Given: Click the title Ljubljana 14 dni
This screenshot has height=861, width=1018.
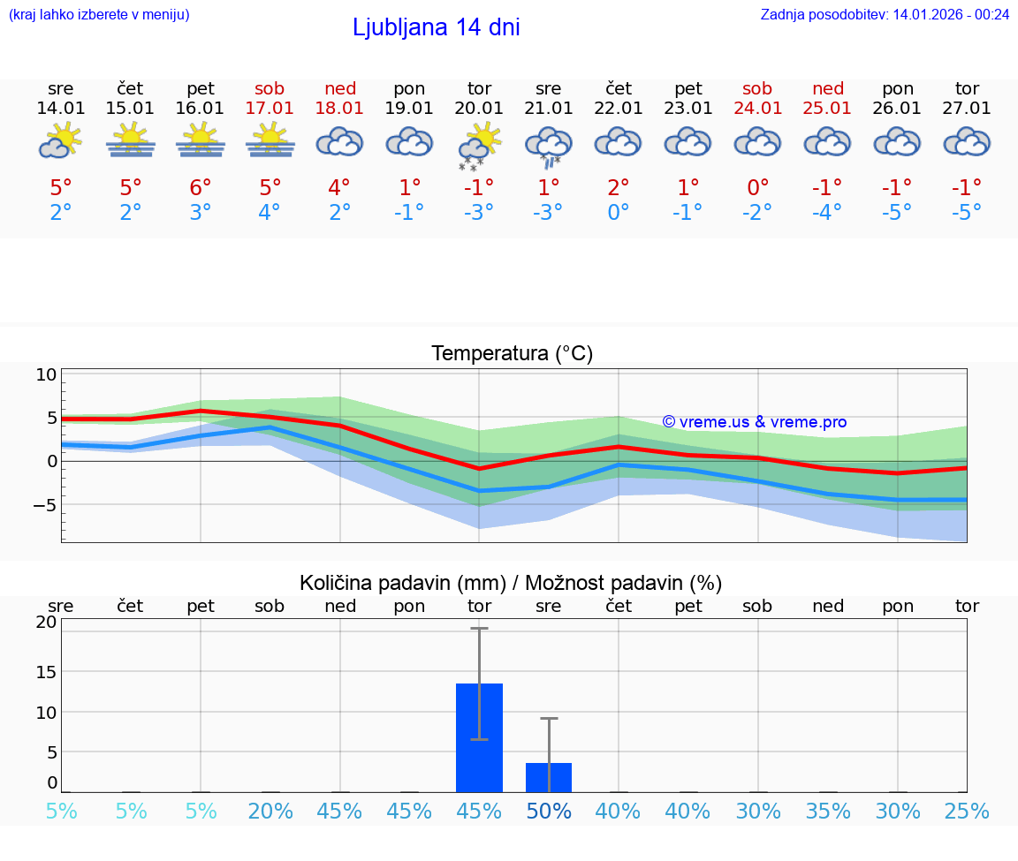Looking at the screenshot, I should (436, 27).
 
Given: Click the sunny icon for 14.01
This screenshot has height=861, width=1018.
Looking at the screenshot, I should (60, 141).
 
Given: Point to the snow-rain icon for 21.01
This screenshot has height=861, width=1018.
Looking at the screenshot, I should (549, 146).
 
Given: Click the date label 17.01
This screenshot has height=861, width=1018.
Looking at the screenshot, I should (270, 108).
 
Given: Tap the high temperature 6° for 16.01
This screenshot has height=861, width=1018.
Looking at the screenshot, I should (201, 188).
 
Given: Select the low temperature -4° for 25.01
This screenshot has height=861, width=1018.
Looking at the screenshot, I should (828, 212).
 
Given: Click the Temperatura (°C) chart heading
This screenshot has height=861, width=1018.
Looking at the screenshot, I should (512, 353).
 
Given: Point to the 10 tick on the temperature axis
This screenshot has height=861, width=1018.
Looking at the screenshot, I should (46, 374).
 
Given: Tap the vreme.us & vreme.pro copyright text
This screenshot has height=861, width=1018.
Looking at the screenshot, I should (754, 422).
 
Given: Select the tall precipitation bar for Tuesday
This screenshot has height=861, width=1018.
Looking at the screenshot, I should (479, 737).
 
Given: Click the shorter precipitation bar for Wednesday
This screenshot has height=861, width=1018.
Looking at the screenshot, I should (549, 777).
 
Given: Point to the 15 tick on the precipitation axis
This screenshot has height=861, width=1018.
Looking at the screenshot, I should (46, 671).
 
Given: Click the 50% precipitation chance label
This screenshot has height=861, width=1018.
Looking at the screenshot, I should (549, 811).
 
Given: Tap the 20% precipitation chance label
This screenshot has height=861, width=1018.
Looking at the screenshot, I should (270, 811).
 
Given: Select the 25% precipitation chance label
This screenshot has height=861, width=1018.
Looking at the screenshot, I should (967, 811).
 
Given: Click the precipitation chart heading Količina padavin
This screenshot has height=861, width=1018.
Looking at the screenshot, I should (510, 582).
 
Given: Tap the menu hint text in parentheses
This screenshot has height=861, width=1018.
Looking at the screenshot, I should (99, 14).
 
